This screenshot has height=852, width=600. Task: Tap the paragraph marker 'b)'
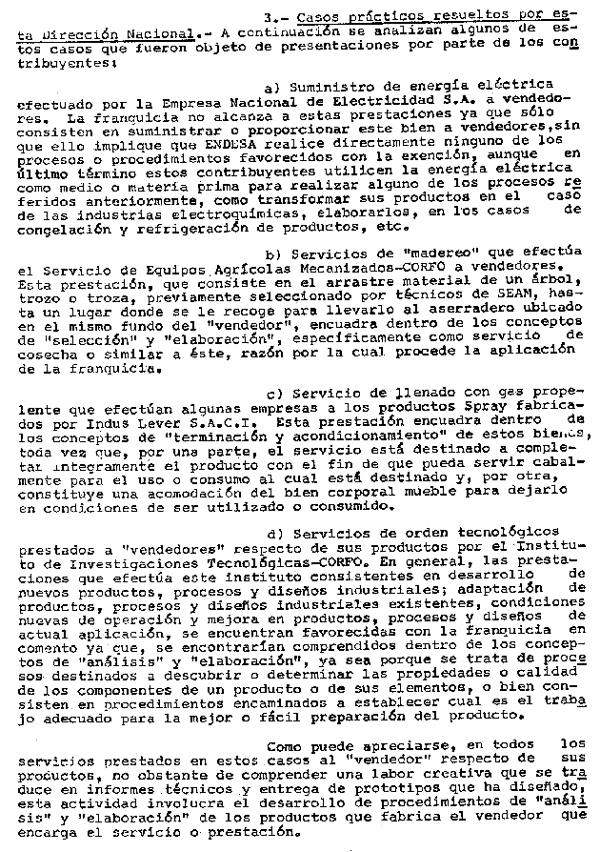(273, 253)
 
